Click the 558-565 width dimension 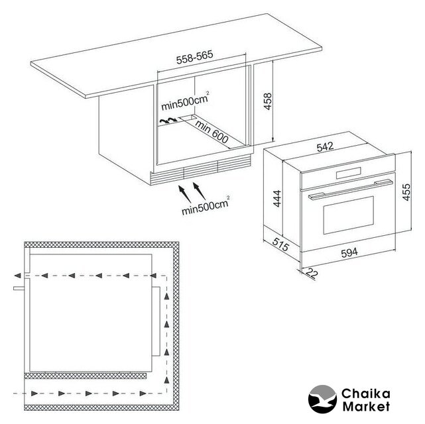(195, 57)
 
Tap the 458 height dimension (267, 101)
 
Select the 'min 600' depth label (212, 132)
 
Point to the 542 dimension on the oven (325, 147)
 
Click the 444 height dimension (277, 199)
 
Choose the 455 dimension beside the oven (406, 192)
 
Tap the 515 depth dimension (280, 244)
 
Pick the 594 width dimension (349, 252)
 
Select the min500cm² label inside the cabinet (186, 101)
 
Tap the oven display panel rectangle (349, 174)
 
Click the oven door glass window (349, 215)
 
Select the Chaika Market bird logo (322, 399)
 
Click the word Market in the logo (366, 406)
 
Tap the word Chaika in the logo (365, 394)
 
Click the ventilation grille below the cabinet (200, 170)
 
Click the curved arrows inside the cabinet (168, 120)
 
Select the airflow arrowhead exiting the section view (17, 276)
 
